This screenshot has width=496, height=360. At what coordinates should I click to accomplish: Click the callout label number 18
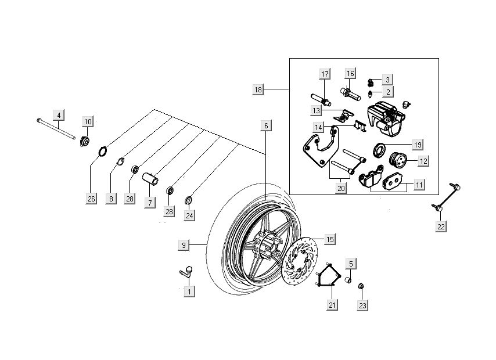[x=258, y=89]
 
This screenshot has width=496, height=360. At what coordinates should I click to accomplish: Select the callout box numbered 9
[x=184, y=246]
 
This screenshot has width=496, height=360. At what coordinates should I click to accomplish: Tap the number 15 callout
[x=330, y=239]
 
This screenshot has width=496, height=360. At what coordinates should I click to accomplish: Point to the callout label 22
[x=441, y=226]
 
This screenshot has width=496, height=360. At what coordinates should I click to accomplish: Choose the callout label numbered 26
[x=91, y=199]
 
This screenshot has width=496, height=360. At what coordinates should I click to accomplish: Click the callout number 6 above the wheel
[x=265, y=125]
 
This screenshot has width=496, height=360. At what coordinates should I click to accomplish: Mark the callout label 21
[x=332, y=305]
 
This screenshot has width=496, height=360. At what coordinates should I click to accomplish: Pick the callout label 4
[x=58, y=114]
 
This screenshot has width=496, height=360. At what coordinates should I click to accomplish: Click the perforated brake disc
[x=302, y=261]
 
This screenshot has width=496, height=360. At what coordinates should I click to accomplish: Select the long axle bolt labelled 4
[x=56, y=129]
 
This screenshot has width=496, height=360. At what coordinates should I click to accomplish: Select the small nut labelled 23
[x=361, y=286]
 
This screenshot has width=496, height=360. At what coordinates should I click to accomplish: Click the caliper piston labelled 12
[x=397, y=160]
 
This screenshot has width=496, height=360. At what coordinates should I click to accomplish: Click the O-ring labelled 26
[x=103, y=152]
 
